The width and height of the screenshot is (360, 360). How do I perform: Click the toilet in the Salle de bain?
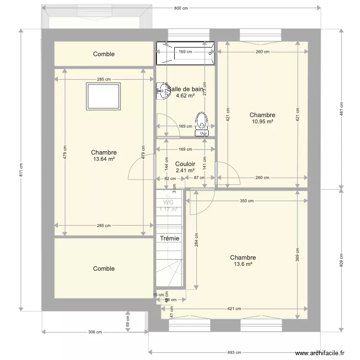click(202, 123)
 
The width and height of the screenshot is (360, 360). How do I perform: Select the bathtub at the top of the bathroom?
click(185, 52)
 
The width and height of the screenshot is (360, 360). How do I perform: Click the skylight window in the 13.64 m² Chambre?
click(103, 96)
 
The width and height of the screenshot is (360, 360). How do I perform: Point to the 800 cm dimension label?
click(181, 8)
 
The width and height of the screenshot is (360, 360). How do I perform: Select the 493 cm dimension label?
click(234, 352)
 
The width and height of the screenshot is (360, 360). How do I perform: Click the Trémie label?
click(169, 239)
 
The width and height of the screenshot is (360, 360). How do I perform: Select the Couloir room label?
click(185, 164)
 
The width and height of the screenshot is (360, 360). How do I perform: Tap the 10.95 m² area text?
click(262, 122)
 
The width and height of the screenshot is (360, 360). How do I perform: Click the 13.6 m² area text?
click(242, 264)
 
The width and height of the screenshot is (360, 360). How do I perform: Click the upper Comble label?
click(104, 54)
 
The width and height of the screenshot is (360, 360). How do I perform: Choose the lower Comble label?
click(104, 269)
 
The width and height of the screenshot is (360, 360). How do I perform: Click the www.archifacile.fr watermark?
click(320, 353)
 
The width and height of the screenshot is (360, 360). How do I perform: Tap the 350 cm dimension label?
click(247, 201)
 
